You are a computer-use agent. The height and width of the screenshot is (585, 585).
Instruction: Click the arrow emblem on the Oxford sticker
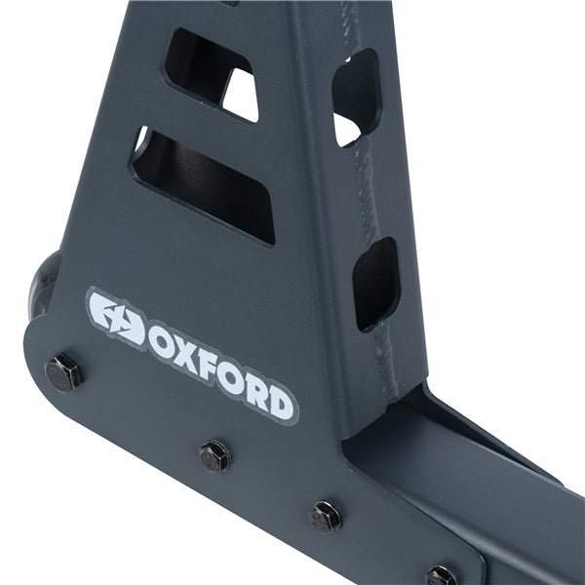[x=114, y=315]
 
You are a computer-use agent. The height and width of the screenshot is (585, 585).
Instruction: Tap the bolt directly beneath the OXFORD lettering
[x=214, y=454]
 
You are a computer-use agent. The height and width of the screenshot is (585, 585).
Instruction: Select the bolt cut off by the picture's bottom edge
[x=440, y=576]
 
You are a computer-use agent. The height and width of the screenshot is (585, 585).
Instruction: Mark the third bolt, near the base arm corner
[x=325, y=515]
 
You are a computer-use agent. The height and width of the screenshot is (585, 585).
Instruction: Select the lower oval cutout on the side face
[x=376, y=283]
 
